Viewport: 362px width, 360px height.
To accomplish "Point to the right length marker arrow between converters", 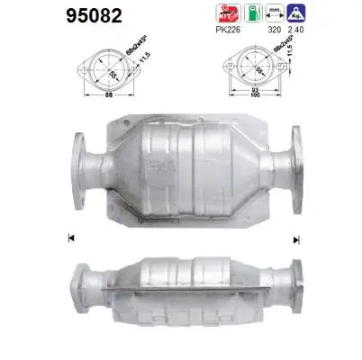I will click(x=294, y=238).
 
